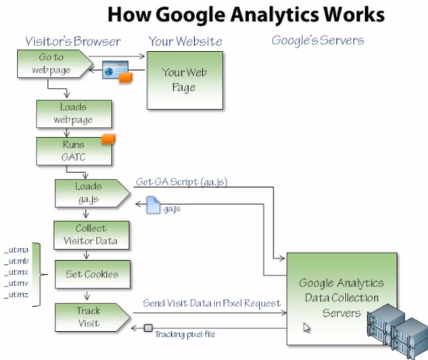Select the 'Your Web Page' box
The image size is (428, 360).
tap(179, 80)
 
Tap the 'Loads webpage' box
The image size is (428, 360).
tap(73, 113)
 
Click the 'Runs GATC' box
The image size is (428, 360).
tap(73, 150)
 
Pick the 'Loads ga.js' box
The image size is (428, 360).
tap(89, 193)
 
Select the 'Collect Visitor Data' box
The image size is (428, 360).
tap(90, 234)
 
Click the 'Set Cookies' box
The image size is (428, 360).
tap(90, 274)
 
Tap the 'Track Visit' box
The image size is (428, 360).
tap(89, 317)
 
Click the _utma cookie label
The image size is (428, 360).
tap(16, 250)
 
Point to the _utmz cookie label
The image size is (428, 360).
tap(16, 295)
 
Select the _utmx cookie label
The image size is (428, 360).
tap(16, 273)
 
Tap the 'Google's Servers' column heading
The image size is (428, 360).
tap(318, 40)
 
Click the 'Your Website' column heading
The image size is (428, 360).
tap(184, 41)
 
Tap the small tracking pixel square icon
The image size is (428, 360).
tap(148, 328)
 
